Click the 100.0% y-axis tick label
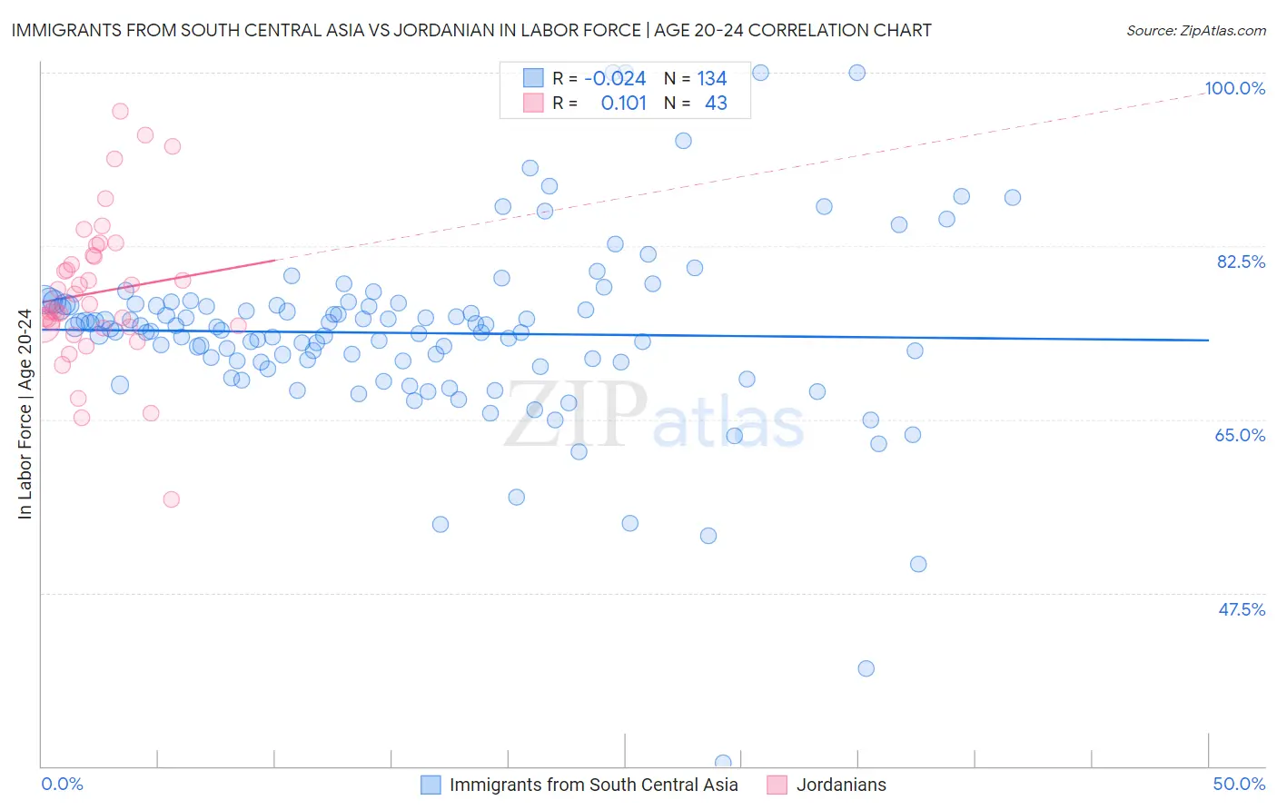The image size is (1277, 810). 1234,89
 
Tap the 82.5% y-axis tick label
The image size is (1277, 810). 1241,262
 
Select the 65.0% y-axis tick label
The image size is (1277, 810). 1240,436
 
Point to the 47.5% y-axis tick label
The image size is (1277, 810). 1241,609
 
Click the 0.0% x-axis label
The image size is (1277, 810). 62,785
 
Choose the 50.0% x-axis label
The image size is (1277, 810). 1239,785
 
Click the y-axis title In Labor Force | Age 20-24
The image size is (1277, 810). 25,414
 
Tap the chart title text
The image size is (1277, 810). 471,31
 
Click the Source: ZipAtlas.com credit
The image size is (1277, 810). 1195,31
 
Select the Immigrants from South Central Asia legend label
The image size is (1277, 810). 593,785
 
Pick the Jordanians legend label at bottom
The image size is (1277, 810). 841,785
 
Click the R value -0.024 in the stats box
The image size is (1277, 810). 615,79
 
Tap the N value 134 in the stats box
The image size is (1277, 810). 711,79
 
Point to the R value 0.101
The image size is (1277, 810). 623,104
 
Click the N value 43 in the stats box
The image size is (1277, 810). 716,104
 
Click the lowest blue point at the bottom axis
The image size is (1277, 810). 723,763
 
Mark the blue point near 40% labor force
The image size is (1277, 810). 866,668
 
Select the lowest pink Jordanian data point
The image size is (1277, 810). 171,499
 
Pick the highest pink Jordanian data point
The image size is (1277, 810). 120,112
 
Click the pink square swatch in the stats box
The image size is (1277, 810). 533,104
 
